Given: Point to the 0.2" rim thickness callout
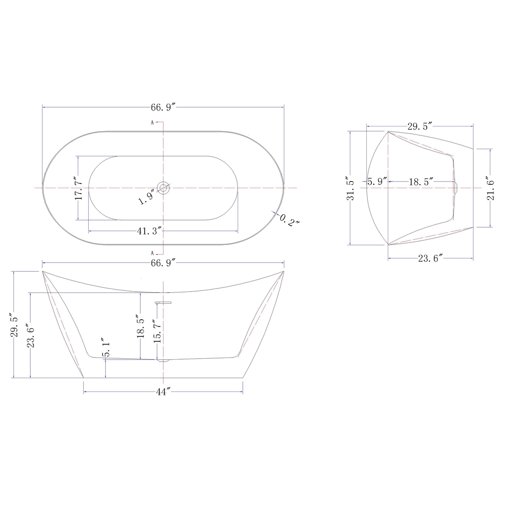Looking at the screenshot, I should (x=289, y=220).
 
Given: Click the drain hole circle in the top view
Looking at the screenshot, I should (x=163, y=187).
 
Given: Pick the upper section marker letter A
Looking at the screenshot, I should (x=152, y=123).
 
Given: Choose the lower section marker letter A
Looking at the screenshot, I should (x=152, y=253).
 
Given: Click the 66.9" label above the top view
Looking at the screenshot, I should (x=163, y=108).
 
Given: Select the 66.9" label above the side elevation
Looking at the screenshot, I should (x=163, y=263).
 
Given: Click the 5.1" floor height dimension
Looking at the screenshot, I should (x=106, y=347).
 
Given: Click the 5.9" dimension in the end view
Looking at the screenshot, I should (x=377, y=182).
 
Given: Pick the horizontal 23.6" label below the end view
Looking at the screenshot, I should (x=430, y=258).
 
